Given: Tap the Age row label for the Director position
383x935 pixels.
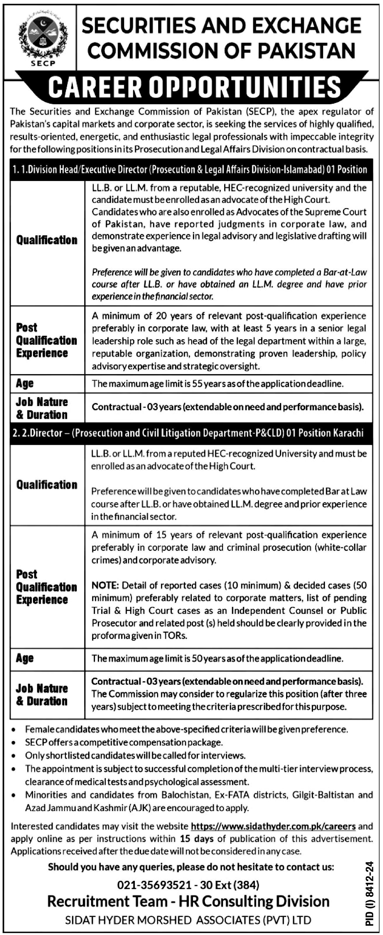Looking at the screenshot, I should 25,658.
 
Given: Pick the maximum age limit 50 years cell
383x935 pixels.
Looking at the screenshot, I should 217,658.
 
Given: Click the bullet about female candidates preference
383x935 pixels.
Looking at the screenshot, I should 186,729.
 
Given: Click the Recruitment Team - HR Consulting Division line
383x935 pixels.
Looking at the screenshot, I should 188,901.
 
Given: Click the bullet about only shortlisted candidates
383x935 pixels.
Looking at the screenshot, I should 135,755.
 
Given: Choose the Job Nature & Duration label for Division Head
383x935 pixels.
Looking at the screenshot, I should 41,408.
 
